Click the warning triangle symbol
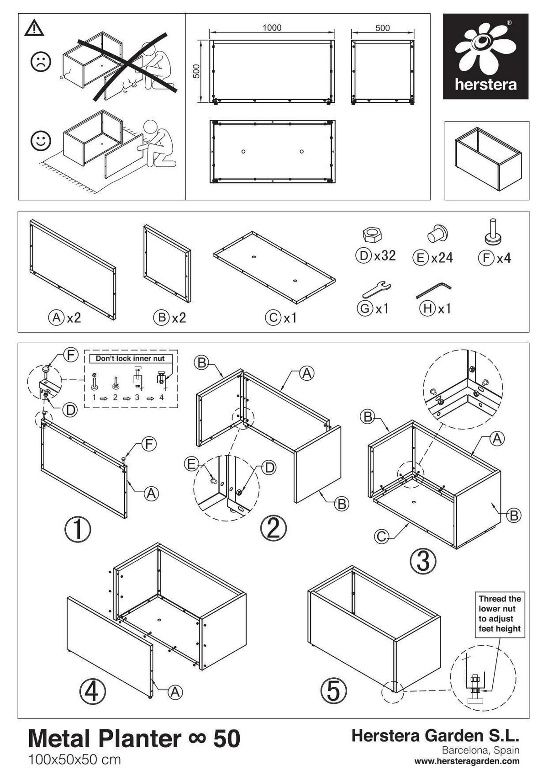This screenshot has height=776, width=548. (x=34, y=29)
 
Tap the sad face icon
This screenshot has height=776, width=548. (x=41, y=62)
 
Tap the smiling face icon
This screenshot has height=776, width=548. (x=41, y=141)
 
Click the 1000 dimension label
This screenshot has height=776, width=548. (x=272, y=28)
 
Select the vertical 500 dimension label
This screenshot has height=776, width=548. (x=196, y=71)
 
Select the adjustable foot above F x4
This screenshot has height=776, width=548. (x=493, y=232)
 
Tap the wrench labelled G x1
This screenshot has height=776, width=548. (x=377, y=289)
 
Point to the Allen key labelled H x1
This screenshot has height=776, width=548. (x=433, y=290)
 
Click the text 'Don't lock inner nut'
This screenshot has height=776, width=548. (x=130, y=359)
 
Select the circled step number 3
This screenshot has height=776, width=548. (x=423, y=561)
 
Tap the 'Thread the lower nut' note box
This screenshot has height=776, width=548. (x=500, y=613)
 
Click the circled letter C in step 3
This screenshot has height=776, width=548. (x=382, y=536)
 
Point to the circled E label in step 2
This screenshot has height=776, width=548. (x=191, y=464)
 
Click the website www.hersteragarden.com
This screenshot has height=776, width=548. (x=467, y=761)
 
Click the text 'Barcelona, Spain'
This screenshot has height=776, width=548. (x=480, y=750)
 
